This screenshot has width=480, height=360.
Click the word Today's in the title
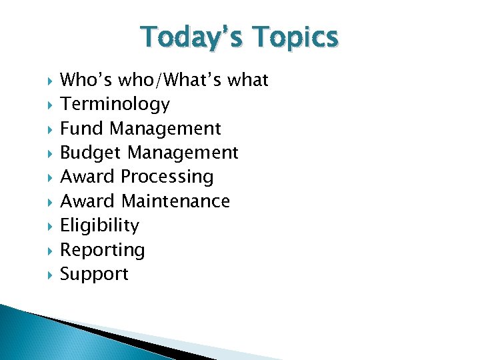coord(188,39)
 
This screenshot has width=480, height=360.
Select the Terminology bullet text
coord(115,105)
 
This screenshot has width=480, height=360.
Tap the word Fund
coord(83,128)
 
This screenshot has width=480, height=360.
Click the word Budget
coord(91,153)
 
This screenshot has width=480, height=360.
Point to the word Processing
coord(167,177)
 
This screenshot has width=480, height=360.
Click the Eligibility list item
coord(99,226)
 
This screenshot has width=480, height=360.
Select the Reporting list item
coord(102,251)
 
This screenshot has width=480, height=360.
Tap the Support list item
coord(94,275)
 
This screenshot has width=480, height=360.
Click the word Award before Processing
coord(88,177)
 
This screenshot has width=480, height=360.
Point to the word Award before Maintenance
coord(88,201)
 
